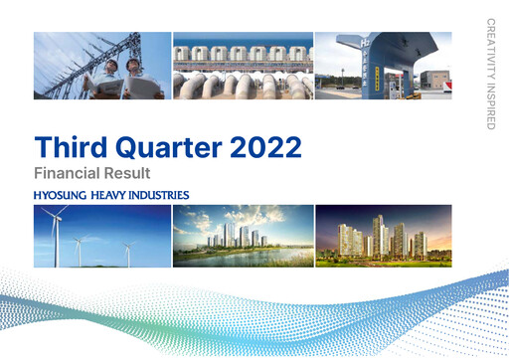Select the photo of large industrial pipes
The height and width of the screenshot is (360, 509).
[242, 66]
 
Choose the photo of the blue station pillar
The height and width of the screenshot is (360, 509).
[383, 66]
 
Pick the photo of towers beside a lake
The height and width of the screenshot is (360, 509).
[242, 236]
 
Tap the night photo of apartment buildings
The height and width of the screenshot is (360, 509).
[383, 236]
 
